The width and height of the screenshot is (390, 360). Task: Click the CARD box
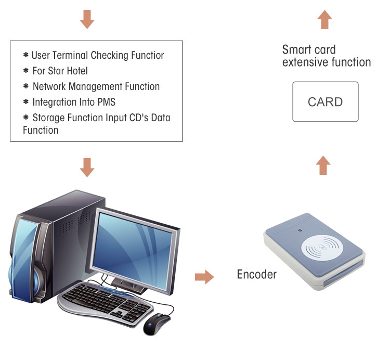(325, 101)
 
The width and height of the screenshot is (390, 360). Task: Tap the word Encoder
(257, 274)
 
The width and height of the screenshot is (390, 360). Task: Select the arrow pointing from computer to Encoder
(204, 277)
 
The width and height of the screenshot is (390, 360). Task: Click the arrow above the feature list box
(87, 19)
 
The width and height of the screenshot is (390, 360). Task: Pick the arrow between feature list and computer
(87, 167)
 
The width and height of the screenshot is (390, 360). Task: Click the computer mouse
(158, 323)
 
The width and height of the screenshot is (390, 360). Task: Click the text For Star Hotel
(60, 71)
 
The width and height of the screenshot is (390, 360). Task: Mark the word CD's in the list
(137, 118)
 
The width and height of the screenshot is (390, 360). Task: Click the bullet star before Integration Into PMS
(25, 101)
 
